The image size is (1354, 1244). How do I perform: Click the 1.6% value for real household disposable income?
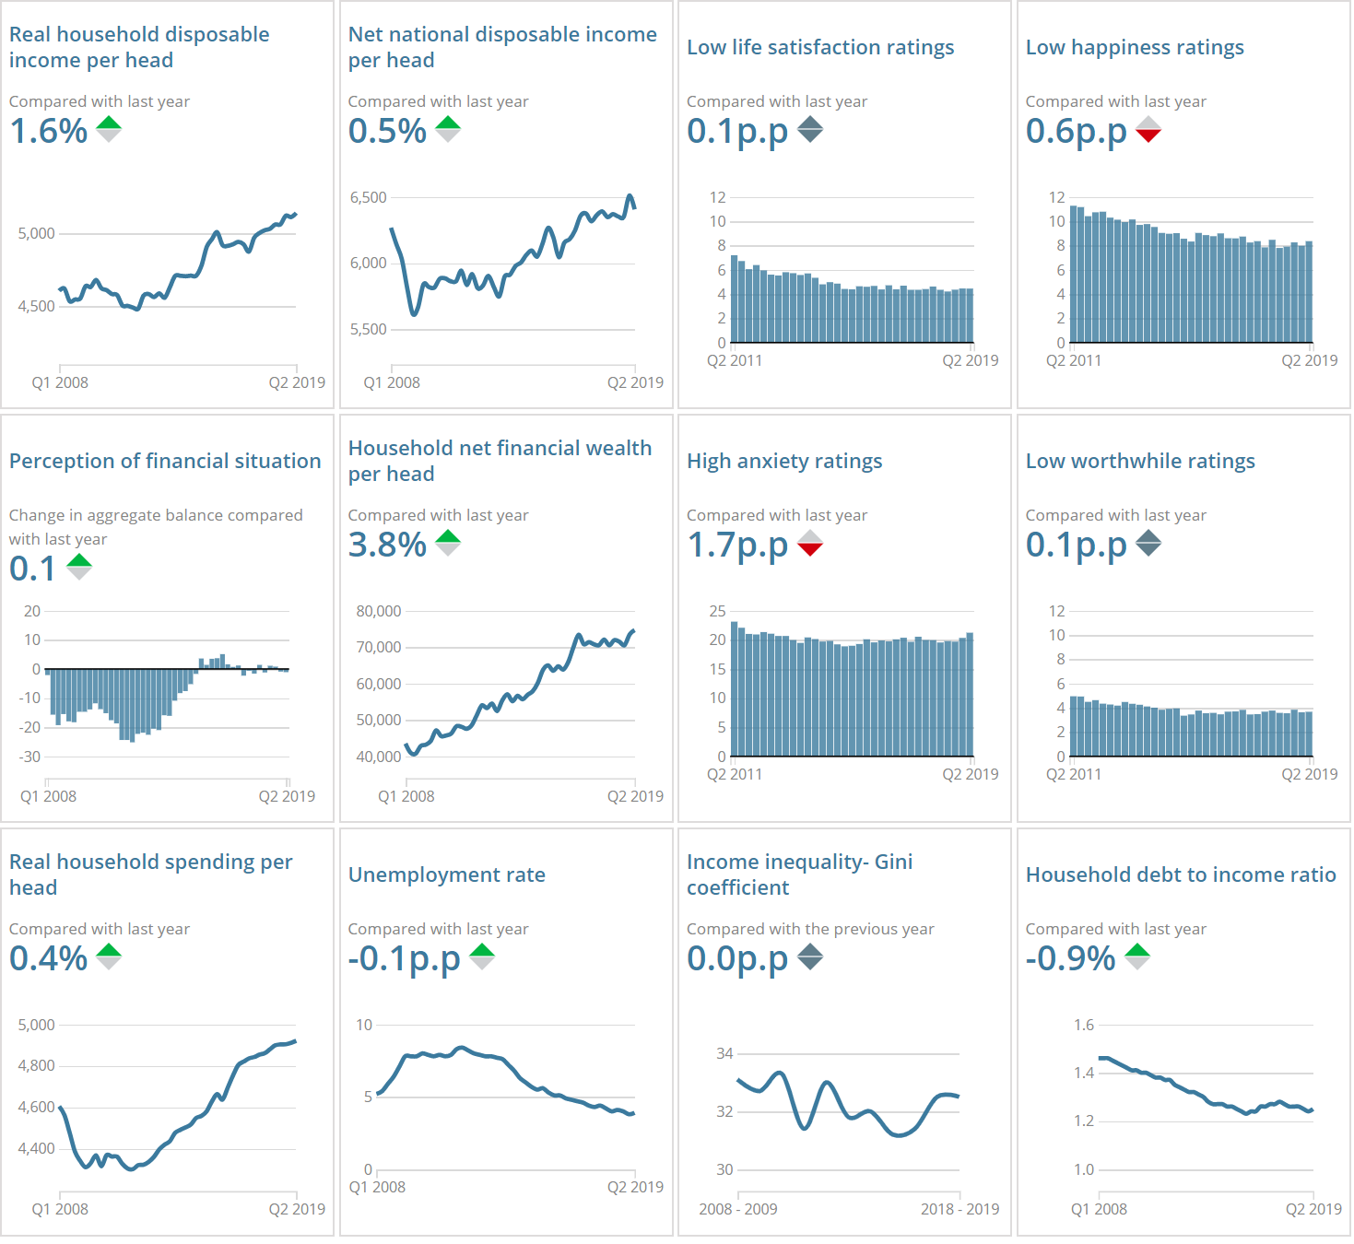coord(48,132)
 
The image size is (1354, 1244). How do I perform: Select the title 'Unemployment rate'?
coord(446,874)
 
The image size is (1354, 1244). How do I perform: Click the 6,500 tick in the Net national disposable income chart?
coord(368,197)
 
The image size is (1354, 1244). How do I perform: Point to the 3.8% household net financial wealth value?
coord(387,546)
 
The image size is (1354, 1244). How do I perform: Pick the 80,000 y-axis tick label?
coord(378,611)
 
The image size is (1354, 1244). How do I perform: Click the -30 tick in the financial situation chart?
coord(30,757)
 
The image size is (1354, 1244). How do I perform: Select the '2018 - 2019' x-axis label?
coord(960,1209)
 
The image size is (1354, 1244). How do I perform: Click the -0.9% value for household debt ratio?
coord(1070,959)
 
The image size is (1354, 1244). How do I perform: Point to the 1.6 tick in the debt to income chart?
coord(1083,1025)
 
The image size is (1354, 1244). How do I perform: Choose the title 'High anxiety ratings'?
coord(783,461)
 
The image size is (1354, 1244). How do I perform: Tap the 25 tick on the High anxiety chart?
coord(717,611)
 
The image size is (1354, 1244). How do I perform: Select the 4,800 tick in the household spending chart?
coord(37,1065)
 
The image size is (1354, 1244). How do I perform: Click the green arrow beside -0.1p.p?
coord(482,954)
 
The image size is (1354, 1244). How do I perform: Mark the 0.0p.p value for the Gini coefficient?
coord(736,959)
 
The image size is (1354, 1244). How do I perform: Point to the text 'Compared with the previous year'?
coord(810,929)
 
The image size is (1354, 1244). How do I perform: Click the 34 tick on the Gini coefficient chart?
coord(724,1053)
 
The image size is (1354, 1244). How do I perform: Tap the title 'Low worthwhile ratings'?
coord(1140,461)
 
